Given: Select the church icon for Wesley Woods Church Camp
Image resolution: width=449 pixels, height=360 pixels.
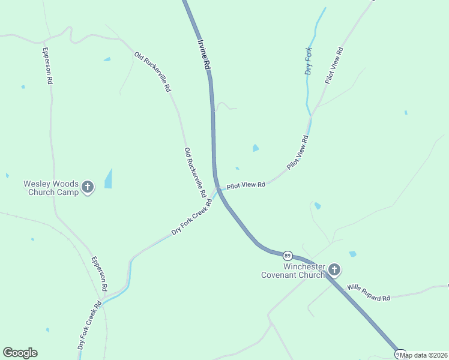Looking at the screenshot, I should pos(88,188).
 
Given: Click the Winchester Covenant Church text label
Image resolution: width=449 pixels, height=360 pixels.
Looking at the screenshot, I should pos(292,271).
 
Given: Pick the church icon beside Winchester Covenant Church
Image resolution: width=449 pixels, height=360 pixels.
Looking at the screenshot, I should pos(334,271).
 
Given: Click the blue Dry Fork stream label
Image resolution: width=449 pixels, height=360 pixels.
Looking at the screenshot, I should pos(309,61).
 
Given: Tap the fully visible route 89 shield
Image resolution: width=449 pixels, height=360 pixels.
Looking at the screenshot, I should pos(288,256).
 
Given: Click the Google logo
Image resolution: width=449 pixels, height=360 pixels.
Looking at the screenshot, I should pos(20,353).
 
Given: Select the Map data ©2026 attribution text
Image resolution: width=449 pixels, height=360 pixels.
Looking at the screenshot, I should pos(424,355).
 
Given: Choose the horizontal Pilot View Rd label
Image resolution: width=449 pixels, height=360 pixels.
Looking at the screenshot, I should pos(245,185).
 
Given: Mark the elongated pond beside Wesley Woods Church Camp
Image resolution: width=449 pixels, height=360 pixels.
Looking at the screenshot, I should pos(109,178).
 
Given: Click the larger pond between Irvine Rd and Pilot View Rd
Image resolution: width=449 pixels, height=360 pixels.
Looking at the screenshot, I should pos(256,148).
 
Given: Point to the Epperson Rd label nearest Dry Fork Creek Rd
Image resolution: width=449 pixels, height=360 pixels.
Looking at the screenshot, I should pos(99,274).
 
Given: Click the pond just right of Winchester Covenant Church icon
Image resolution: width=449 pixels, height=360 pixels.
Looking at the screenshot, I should pos(352,254).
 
